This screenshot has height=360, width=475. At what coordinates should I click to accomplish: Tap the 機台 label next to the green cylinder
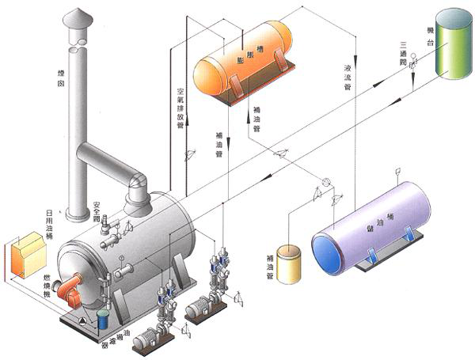(x=430, y=32)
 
